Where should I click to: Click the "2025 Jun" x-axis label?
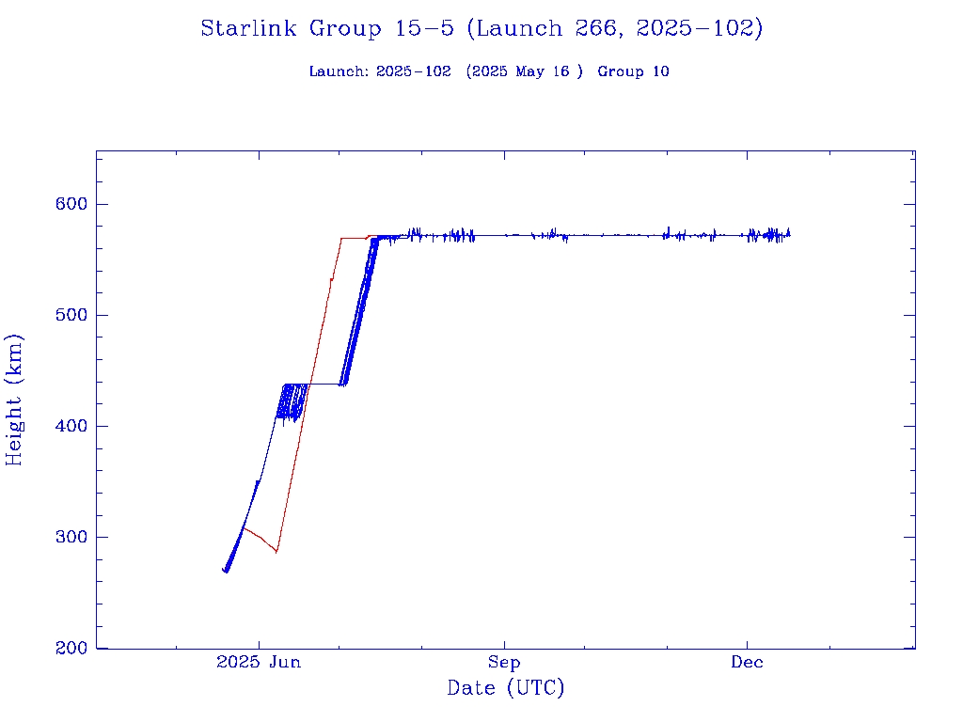point(259,663)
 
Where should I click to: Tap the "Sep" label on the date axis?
point(505,663)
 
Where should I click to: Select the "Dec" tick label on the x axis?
point(748,663)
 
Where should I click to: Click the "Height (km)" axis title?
point(15,400)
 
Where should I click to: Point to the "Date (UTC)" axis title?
point(506,689)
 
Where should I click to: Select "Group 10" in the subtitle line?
point(633,72)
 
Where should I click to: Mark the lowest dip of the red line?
point(276,552)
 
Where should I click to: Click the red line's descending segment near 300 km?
point(259,538)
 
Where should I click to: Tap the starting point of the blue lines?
point(224,570)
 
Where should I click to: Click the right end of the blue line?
point(790,234)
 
